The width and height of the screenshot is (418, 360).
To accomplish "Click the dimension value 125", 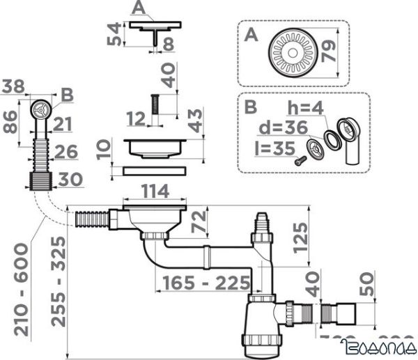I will (x=299, y=237).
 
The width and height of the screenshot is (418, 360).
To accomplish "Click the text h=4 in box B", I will (x=304, y=109).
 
